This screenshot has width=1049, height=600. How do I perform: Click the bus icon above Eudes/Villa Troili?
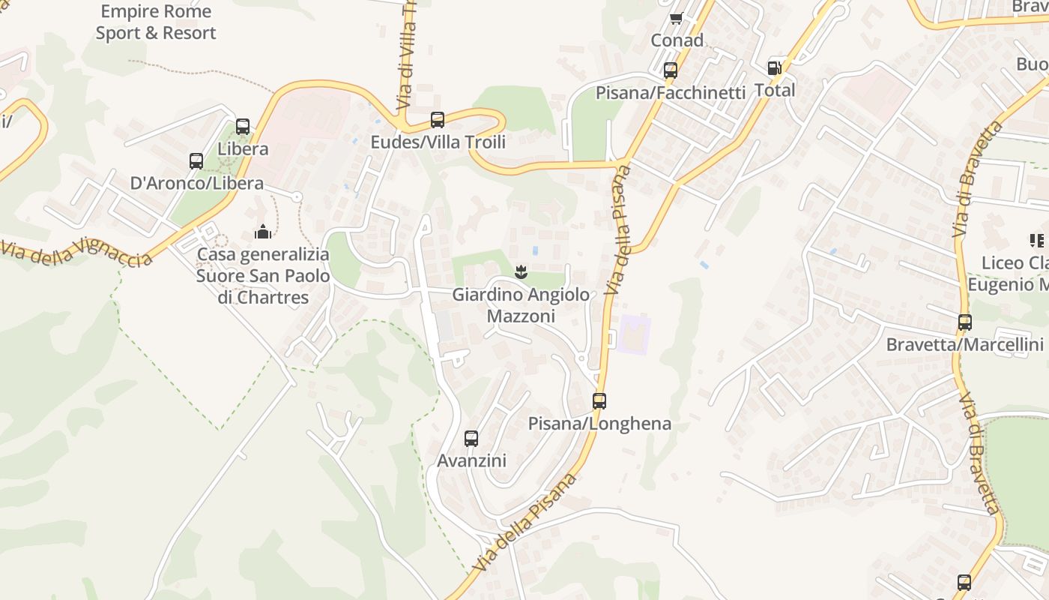[438, 119]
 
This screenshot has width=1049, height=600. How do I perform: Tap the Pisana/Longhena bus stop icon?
[599, 400]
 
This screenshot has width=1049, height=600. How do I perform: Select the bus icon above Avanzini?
[471, 438]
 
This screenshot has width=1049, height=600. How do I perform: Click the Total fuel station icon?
[775, 67]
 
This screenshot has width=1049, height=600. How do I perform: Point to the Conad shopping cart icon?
[676, 19]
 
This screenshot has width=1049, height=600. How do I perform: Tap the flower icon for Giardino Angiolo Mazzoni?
[522, 271]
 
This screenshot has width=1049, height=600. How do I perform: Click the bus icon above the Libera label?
[243, 126]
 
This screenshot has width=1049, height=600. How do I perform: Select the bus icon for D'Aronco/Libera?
[196, 160]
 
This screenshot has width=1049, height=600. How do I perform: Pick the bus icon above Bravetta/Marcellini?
[965, 322]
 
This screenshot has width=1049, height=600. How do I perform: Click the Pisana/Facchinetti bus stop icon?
[671, 70]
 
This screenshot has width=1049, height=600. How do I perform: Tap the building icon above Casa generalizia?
[263, 231]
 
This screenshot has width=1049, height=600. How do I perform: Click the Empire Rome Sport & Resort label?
[156, 22]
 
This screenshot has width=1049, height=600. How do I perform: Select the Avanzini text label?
[472, 460]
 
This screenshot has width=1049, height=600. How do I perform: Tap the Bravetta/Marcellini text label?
[965, 345]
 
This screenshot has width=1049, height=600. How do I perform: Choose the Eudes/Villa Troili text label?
[438, 142]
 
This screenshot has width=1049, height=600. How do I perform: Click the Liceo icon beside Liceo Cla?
[1037, 241]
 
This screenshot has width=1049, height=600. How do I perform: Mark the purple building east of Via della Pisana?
[633, 334]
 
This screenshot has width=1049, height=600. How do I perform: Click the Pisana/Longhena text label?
[599, 424]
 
